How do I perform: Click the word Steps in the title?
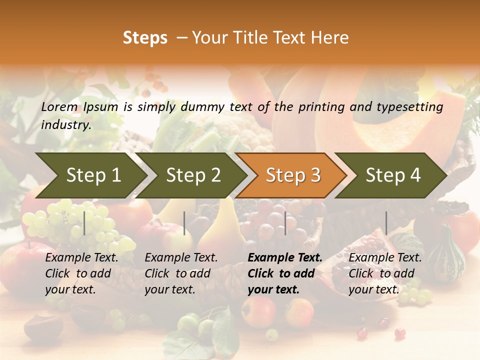145,38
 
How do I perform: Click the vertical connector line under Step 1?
84,223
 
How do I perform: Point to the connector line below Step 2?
184,223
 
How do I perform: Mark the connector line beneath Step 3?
285,223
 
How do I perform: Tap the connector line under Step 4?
386,223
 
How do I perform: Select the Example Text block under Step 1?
81,273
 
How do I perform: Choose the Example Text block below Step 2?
181,273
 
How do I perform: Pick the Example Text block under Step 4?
385,273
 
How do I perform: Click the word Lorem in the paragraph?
59,107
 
